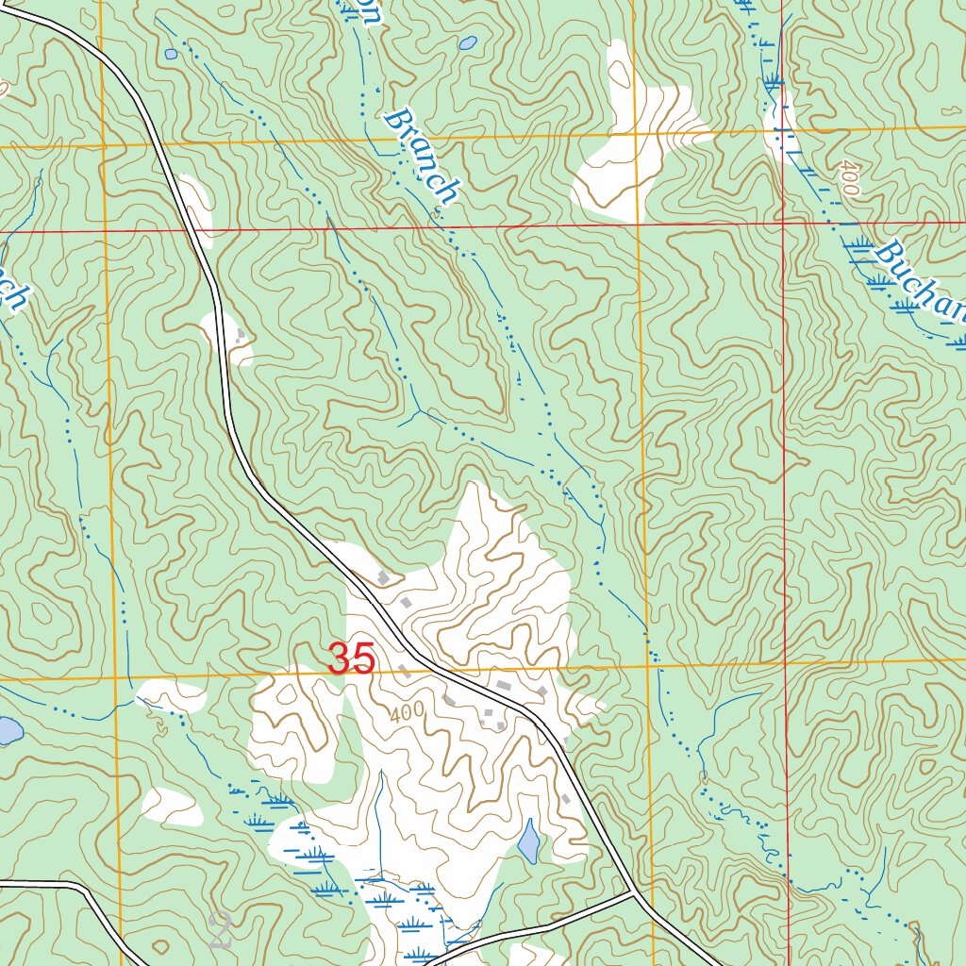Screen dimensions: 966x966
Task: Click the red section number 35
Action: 352,658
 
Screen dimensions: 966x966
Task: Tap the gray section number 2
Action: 221,930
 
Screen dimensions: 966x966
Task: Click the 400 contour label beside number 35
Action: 406,713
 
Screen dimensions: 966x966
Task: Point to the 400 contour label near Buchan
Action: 847,178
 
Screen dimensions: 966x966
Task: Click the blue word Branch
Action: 422,157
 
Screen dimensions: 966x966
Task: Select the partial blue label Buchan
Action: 920,283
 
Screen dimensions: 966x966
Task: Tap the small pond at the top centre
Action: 467,43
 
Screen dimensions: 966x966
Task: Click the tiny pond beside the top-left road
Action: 171,55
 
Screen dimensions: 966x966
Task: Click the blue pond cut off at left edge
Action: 8,731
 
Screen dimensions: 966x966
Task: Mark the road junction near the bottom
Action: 631,891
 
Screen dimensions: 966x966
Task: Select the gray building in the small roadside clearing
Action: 241,334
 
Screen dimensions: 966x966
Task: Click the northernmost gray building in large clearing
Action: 383,576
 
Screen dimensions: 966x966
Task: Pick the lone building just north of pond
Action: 565,799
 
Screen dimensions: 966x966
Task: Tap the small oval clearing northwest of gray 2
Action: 173,806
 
